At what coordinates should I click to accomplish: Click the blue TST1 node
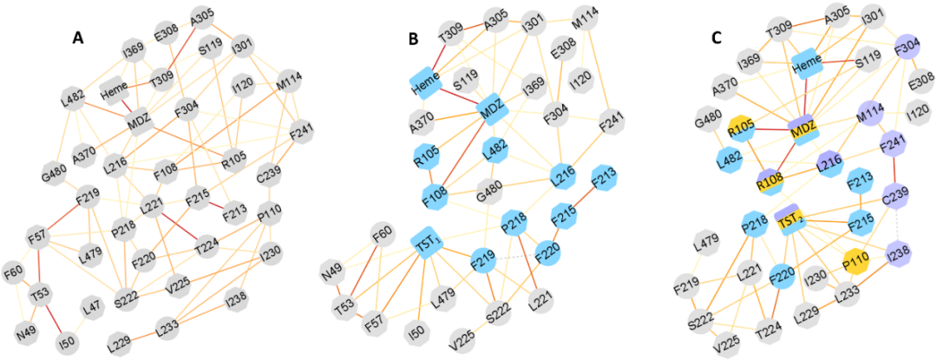427,245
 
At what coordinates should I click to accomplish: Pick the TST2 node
790,223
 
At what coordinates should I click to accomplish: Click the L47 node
93,305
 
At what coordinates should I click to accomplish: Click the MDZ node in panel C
803,130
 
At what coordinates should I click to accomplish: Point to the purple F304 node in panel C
905,46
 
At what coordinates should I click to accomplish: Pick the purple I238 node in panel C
899,256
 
